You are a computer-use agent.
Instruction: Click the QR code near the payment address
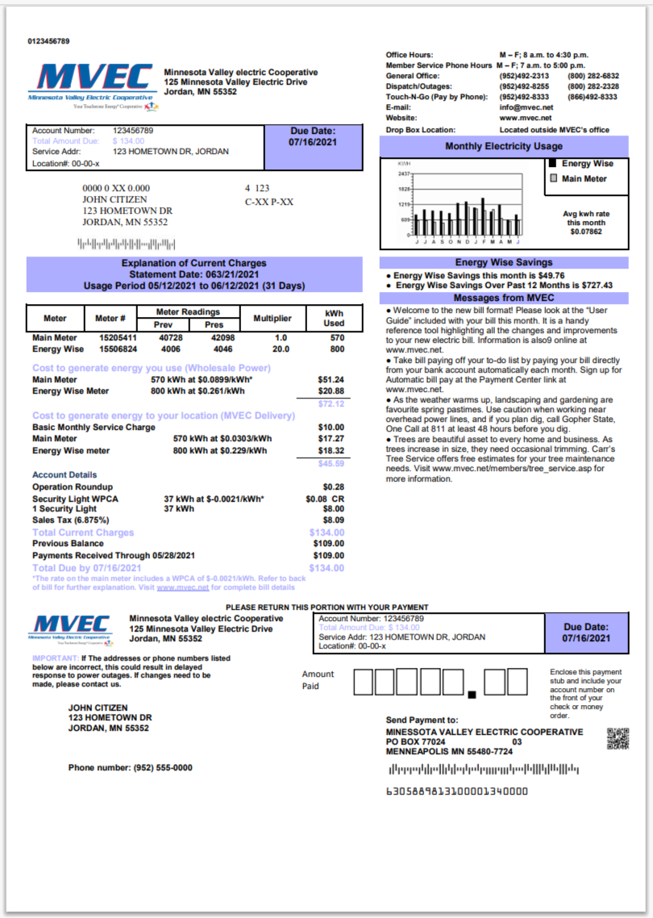point(618,738)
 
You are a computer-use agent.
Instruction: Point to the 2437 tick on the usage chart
point(404,173)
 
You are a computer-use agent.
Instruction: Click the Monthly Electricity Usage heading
point(503,147)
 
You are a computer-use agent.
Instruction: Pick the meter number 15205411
point(118,338)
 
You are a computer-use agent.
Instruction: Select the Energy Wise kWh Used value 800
point(336,349)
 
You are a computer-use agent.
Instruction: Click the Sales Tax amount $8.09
point(333,520)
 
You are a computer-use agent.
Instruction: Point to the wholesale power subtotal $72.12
point(331,403)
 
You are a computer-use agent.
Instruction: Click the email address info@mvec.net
point(526,107)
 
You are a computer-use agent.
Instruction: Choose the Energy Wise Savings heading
point(503,262)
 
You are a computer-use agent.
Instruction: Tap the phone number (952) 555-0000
point(130,768)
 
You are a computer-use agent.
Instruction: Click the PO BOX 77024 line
point(415,741)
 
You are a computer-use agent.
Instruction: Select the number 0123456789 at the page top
point(48,40)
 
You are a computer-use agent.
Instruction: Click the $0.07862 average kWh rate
point(586,232)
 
